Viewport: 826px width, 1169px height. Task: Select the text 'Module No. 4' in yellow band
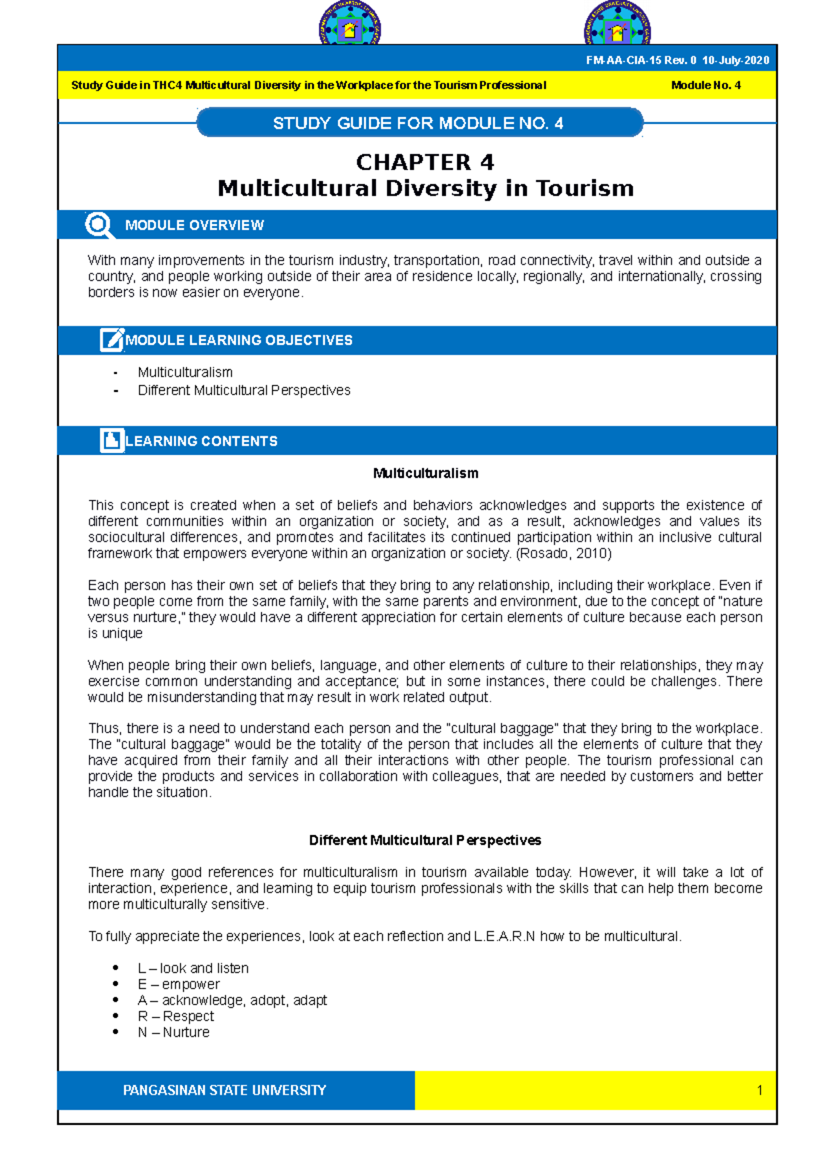tap(706, 85)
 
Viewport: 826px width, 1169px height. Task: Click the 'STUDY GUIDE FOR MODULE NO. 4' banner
tap(419, 123)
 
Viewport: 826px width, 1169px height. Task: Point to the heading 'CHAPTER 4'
tap(425, 162)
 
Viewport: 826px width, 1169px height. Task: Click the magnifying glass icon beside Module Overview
tap(98, 225)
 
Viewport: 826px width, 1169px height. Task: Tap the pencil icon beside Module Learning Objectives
tap(112, 340)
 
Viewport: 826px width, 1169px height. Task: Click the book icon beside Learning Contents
tap(112, 441)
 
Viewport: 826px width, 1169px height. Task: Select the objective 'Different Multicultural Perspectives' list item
tap(244, 390)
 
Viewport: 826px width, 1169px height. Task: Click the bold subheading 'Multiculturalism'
tap(425, 474)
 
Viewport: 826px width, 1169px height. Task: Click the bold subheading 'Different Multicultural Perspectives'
tap(425, 841)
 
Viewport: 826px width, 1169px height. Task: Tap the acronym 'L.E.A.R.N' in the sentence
tap(504, 936)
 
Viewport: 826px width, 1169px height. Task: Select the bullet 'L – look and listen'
tap(193, 968)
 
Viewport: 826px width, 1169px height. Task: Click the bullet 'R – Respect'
tap(176, 1016)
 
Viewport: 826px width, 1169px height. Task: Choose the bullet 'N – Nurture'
tap(173, 1032)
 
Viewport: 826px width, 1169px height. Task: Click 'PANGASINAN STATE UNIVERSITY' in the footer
tap(224, 1091)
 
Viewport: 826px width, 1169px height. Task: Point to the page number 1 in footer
tap(759, 1091)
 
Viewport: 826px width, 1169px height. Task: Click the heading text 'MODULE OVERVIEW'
tap(194, 226)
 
